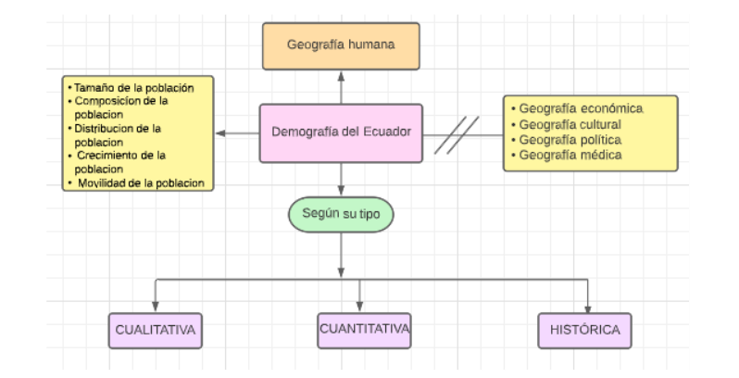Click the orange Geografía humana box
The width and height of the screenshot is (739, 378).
pyautogui.click(x=341, y=45)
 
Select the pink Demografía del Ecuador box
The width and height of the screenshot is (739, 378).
pyautogui.click(x=341, y=132)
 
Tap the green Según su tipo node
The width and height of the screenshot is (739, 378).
pyautogui.click(x=341, y=215)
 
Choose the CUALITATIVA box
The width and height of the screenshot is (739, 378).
pyautogui.click(x=156, y=329)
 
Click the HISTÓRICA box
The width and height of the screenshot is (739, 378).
pyautogui.click(x=585, y=329)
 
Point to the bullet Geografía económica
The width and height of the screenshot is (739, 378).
pyautogui.click(x=581, y=108)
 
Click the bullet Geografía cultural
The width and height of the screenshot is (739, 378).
pyautogui.click(x=570, y=124)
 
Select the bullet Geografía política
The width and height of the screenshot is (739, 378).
pyautogui.click(x=570, y=139)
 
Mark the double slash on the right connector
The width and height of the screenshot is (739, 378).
pyautogui.click(x=457, y=134)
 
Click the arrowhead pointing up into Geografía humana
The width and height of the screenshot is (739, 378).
pyautogui.click(x=341, y=75)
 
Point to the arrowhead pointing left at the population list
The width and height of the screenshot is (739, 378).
pyautogui.click(x=222, y=133)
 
